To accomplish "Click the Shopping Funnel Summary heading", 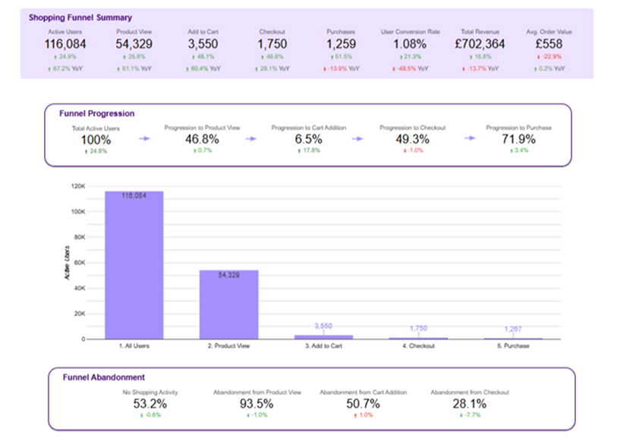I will (80, 17).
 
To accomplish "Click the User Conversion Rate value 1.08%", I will (410, 44).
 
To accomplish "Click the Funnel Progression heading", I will (96, 113).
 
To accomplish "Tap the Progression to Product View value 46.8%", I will (202, 139).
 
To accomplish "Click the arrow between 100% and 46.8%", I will (144, 138).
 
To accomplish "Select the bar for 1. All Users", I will (134, 265).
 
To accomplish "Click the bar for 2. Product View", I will (228, 304).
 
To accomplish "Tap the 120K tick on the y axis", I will (77, 186).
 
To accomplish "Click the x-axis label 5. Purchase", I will (514, 346).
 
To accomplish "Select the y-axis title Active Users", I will (67, 264).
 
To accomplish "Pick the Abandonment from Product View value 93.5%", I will (257, 404).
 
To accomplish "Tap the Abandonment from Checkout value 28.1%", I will (470, 404).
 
